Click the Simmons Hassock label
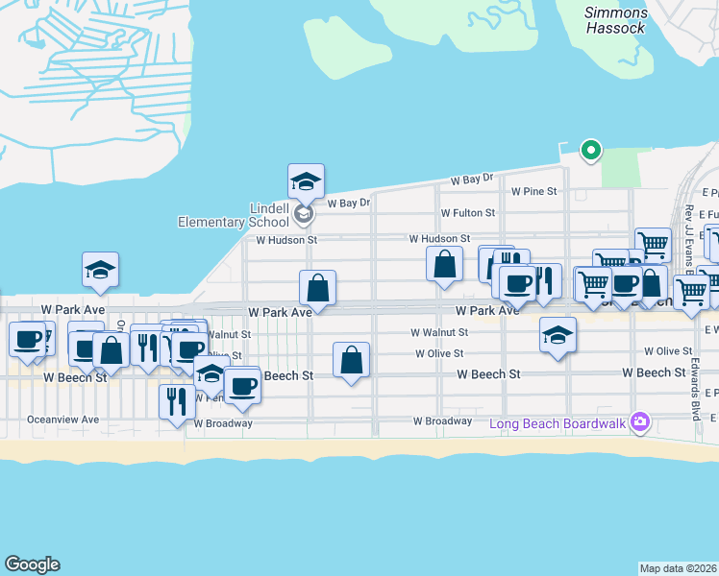pyautogui.click(x=615, y=19)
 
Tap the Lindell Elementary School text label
pyautogui.click(x=234, y=215)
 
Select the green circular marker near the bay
pyautogui.click(x=591, y=150)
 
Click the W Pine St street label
pyautogui.click(x=533, y=191)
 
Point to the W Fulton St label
pyautogui.click(x=467, y=212)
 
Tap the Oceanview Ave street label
pyautogui.click(x=62, y=420)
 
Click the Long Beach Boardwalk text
pyautogui.click(x=557, y=423)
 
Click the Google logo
pyautogui.click(x=32, y=564)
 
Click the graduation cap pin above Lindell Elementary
pyautogui.click(x=306, y=180)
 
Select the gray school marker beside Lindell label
pyautogui.click(x=304, y=214)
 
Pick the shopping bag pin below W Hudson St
pyautogui.click(x=445, y=264)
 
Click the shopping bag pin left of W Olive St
pyautogui.click(x=352, y=360)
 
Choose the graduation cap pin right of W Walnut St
pyautogui.click(x=558, y=336)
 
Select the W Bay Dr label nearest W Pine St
pyautogui.click(x=472, y=180)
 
